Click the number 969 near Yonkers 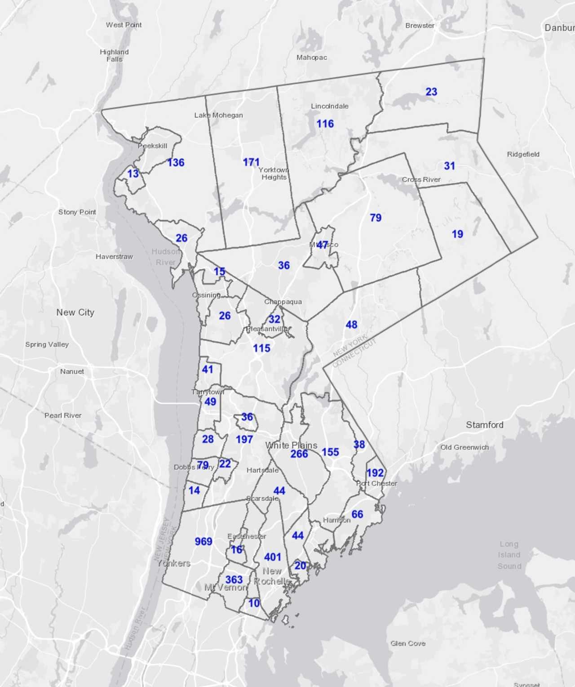tap(203, 541)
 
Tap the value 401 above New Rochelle tap(273, 557)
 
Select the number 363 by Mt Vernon tap(234, 580)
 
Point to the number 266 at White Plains tap(299, 454)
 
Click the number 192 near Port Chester tap(375, 473)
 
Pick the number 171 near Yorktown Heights tap(251, 162)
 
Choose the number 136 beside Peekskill tap(176, 163)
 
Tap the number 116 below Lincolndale tap(325, 124)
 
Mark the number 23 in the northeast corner tap(431, 92)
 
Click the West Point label tap(124, 25)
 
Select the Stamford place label tap(484, 425)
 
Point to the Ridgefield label tap(523, 154)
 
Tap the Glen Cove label tap(408, 643)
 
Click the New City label tap(75, 312)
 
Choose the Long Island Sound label tap(509, 555)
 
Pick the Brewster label tap(420, 26)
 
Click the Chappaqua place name tap(283, 302)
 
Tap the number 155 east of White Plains tap(330, 452)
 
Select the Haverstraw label tap(114, 257)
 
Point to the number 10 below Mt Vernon tap(254, 603)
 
